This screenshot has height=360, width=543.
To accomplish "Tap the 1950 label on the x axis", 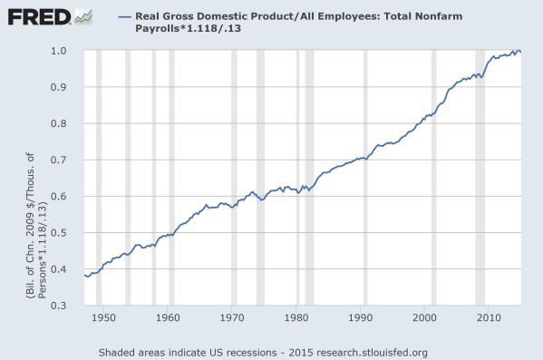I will pos(103,317).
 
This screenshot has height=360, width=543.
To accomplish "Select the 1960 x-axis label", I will pos(168,317).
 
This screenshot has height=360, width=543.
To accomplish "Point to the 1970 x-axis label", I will pos(232,317).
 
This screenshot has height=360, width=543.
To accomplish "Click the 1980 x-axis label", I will pos(296,317).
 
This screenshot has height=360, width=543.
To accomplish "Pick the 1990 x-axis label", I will pos(361,317).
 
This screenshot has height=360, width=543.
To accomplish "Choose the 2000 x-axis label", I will pos(425,317).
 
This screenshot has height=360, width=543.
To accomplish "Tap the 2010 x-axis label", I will pos(490,317).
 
